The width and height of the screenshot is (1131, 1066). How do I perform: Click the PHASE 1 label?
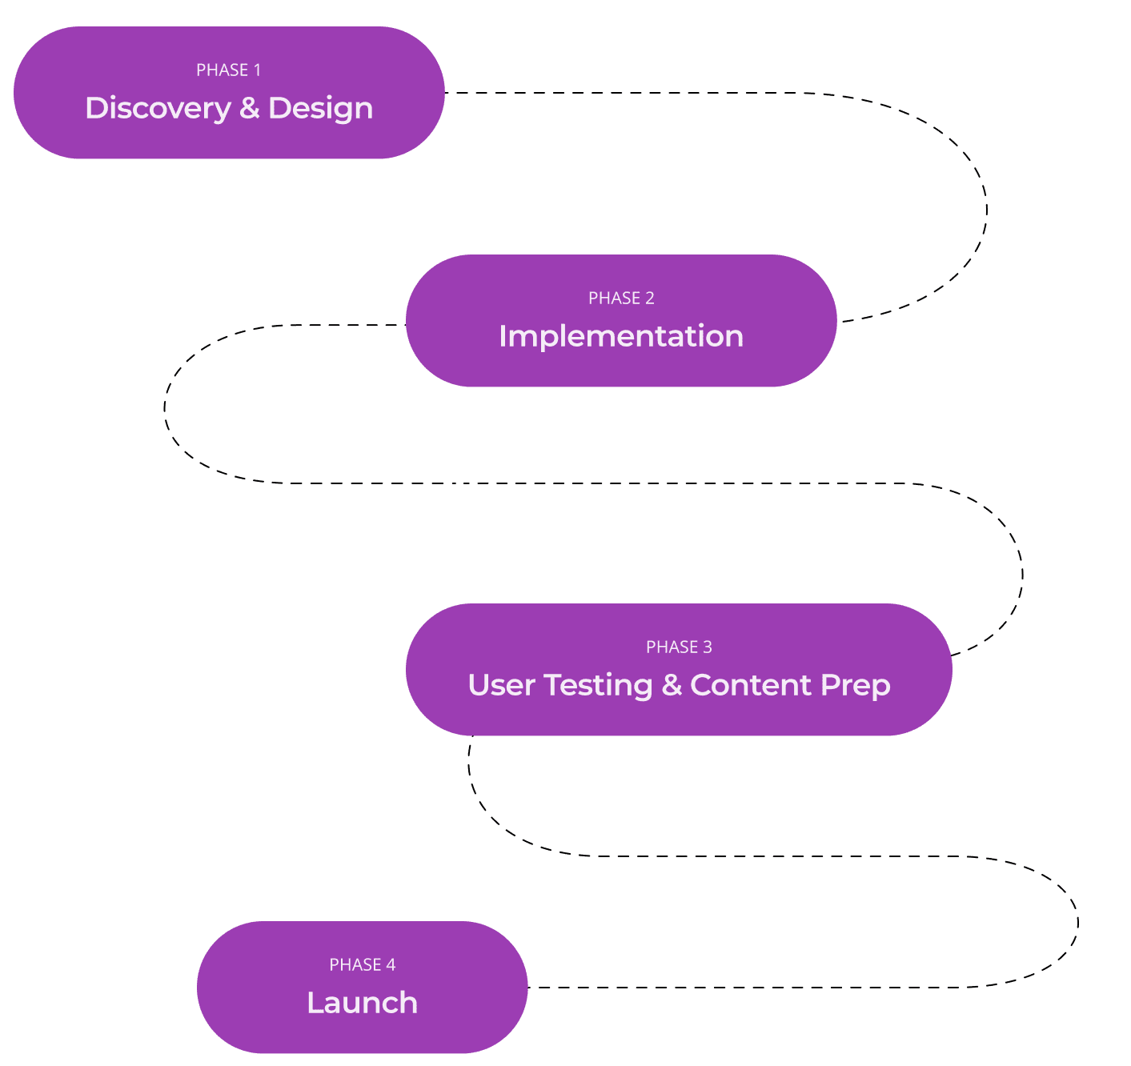[228, 70]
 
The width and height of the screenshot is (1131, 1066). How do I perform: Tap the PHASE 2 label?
[621, 299]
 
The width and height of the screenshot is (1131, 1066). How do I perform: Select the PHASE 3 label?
[679, 647]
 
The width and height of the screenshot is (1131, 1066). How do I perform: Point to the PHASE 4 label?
[362, 964]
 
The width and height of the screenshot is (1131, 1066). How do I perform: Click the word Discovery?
[158, 109]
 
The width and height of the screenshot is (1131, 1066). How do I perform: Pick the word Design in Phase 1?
[320, 109]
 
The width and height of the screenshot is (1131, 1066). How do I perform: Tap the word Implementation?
[621, 336]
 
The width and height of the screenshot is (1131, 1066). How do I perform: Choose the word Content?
[751, 685]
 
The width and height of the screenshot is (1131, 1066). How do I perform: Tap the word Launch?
[362, 1003]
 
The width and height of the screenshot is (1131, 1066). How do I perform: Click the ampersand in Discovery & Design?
[249, 109]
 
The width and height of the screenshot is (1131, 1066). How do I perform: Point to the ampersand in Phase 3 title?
[672, 685]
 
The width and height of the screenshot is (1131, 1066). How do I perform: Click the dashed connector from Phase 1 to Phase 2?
[985, 210]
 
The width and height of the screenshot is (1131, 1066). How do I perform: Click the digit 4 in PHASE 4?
[391, 964]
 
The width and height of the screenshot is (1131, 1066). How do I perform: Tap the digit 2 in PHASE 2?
[650, 299]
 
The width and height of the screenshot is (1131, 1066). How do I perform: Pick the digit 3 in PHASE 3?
[708, 647]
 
